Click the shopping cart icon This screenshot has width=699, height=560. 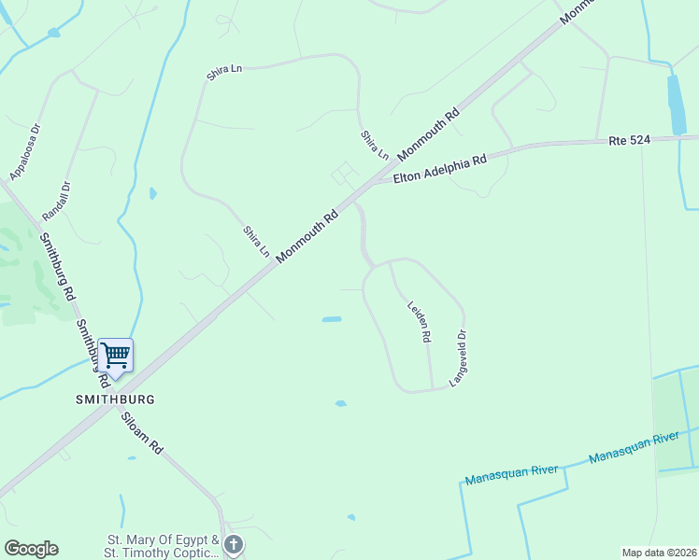point(115,355)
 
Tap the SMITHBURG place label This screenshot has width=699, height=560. point(115,399)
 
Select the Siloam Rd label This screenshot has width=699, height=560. point(142,433)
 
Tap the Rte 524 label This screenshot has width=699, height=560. point(628,141)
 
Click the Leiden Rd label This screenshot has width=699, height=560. point(419,320)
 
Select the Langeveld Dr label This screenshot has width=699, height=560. point(458,359)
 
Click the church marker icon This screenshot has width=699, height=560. point(234,543)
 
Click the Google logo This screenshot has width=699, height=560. point(31,549)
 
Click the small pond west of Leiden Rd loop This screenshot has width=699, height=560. point(332,319)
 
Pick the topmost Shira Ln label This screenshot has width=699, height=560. point(224,72)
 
